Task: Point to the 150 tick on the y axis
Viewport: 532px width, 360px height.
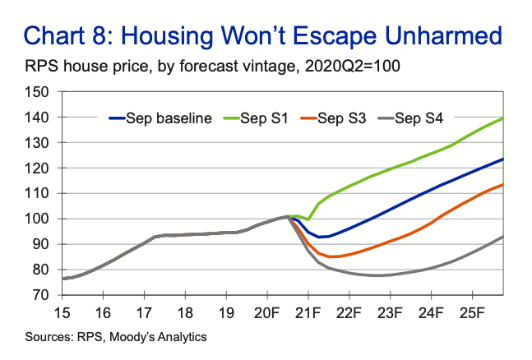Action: pyautogui.click(x=37, y=91)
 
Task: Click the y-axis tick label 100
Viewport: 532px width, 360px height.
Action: pyautogui.click(x=37, y=219)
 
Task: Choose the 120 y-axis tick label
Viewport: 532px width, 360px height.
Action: pyautogui.click(x=37, y=168)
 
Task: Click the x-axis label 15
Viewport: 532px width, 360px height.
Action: pyautogui.click(x=62, y=313)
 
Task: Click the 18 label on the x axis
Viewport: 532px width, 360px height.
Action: pyautogui.click(x=184, y=313)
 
